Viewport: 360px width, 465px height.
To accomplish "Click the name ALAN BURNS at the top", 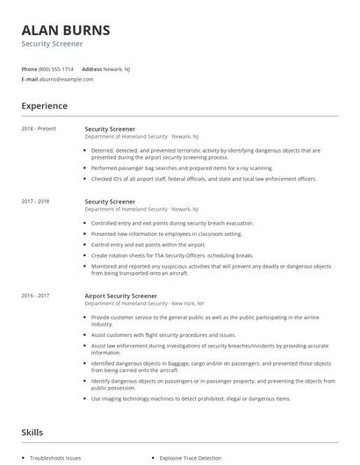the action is point(66,30).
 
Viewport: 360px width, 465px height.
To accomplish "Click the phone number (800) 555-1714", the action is point(55,68).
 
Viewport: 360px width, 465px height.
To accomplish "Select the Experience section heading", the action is point(44,106).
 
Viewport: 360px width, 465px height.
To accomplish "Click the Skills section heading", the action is point(32,432).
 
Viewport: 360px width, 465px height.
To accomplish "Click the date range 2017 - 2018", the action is point(37,202).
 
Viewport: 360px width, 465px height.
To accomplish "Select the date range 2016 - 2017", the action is point(37,297).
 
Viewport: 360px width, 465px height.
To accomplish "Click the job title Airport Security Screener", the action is point(120,297).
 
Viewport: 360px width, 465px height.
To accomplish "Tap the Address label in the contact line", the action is point(92,68).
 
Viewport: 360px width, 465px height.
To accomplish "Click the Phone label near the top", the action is point(28,68).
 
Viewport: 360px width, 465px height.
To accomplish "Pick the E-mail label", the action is point(30,79).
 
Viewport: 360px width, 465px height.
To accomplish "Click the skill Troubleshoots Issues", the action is point(56,458).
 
